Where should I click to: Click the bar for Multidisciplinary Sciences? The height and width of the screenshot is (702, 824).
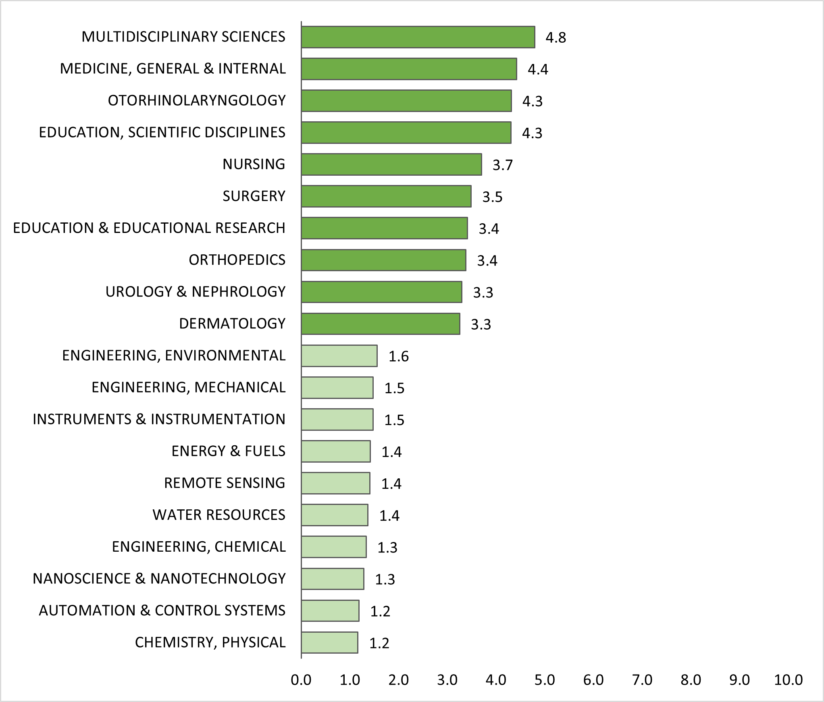click(x=418, y=37)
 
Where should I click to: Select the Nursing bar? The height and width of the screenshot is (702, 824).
click(x=391, y=164)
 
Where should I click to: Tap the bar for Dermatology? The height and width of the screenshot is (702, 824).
click(x=381, y=324)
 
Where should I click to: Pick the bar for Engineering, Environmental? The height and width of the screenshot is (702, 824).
click(x=339, y=356)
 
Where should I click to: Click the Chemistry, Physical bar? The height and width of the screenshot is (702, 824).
click(x=329, y=642)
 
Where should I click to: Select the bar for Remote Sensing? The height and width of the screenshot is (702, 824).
click(x=335, y=483)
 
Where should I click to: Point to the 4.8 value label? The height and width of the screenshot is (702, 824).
click(x=556, y=37)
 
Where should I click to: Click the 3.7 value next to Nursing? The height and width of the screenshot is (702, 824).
click(x=502, y=165)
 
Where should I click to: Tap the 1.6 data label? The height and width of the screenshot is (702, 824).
click(x=398, y=356)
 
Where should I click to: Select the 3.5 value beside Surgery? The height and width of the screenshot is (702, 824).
click(x=492, y=197)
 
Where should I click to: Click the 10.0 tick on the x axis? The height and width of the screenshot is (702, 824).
click(x=788, y=680)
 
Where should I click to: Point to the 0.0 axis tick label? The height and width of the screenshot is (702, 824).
click(x=301, y=680)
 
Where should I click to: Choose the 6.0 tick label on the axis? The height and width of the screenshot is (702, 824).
click(x=593, y=680)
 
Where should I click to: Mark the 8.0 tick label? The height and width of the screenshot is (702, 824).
click(x=691, y=680)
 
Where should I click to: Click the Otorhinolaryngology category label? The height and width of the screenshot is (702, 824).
click(x=197, y=100)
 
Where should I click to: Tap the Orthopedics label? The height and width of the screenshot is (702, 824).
click(x=237, y=260)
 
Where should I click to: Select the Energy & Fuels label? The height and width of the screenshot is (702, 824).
click(x=229, y=451)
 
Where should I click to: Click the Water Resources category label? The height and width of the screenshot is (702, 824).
click(x=219, y=515)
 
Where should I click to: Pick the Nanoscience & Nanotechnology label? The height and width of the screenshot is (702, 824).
click(x=159, y=578)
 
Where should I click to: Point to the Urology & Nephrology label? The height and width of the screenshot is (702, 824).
click(x=196, y=292)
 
